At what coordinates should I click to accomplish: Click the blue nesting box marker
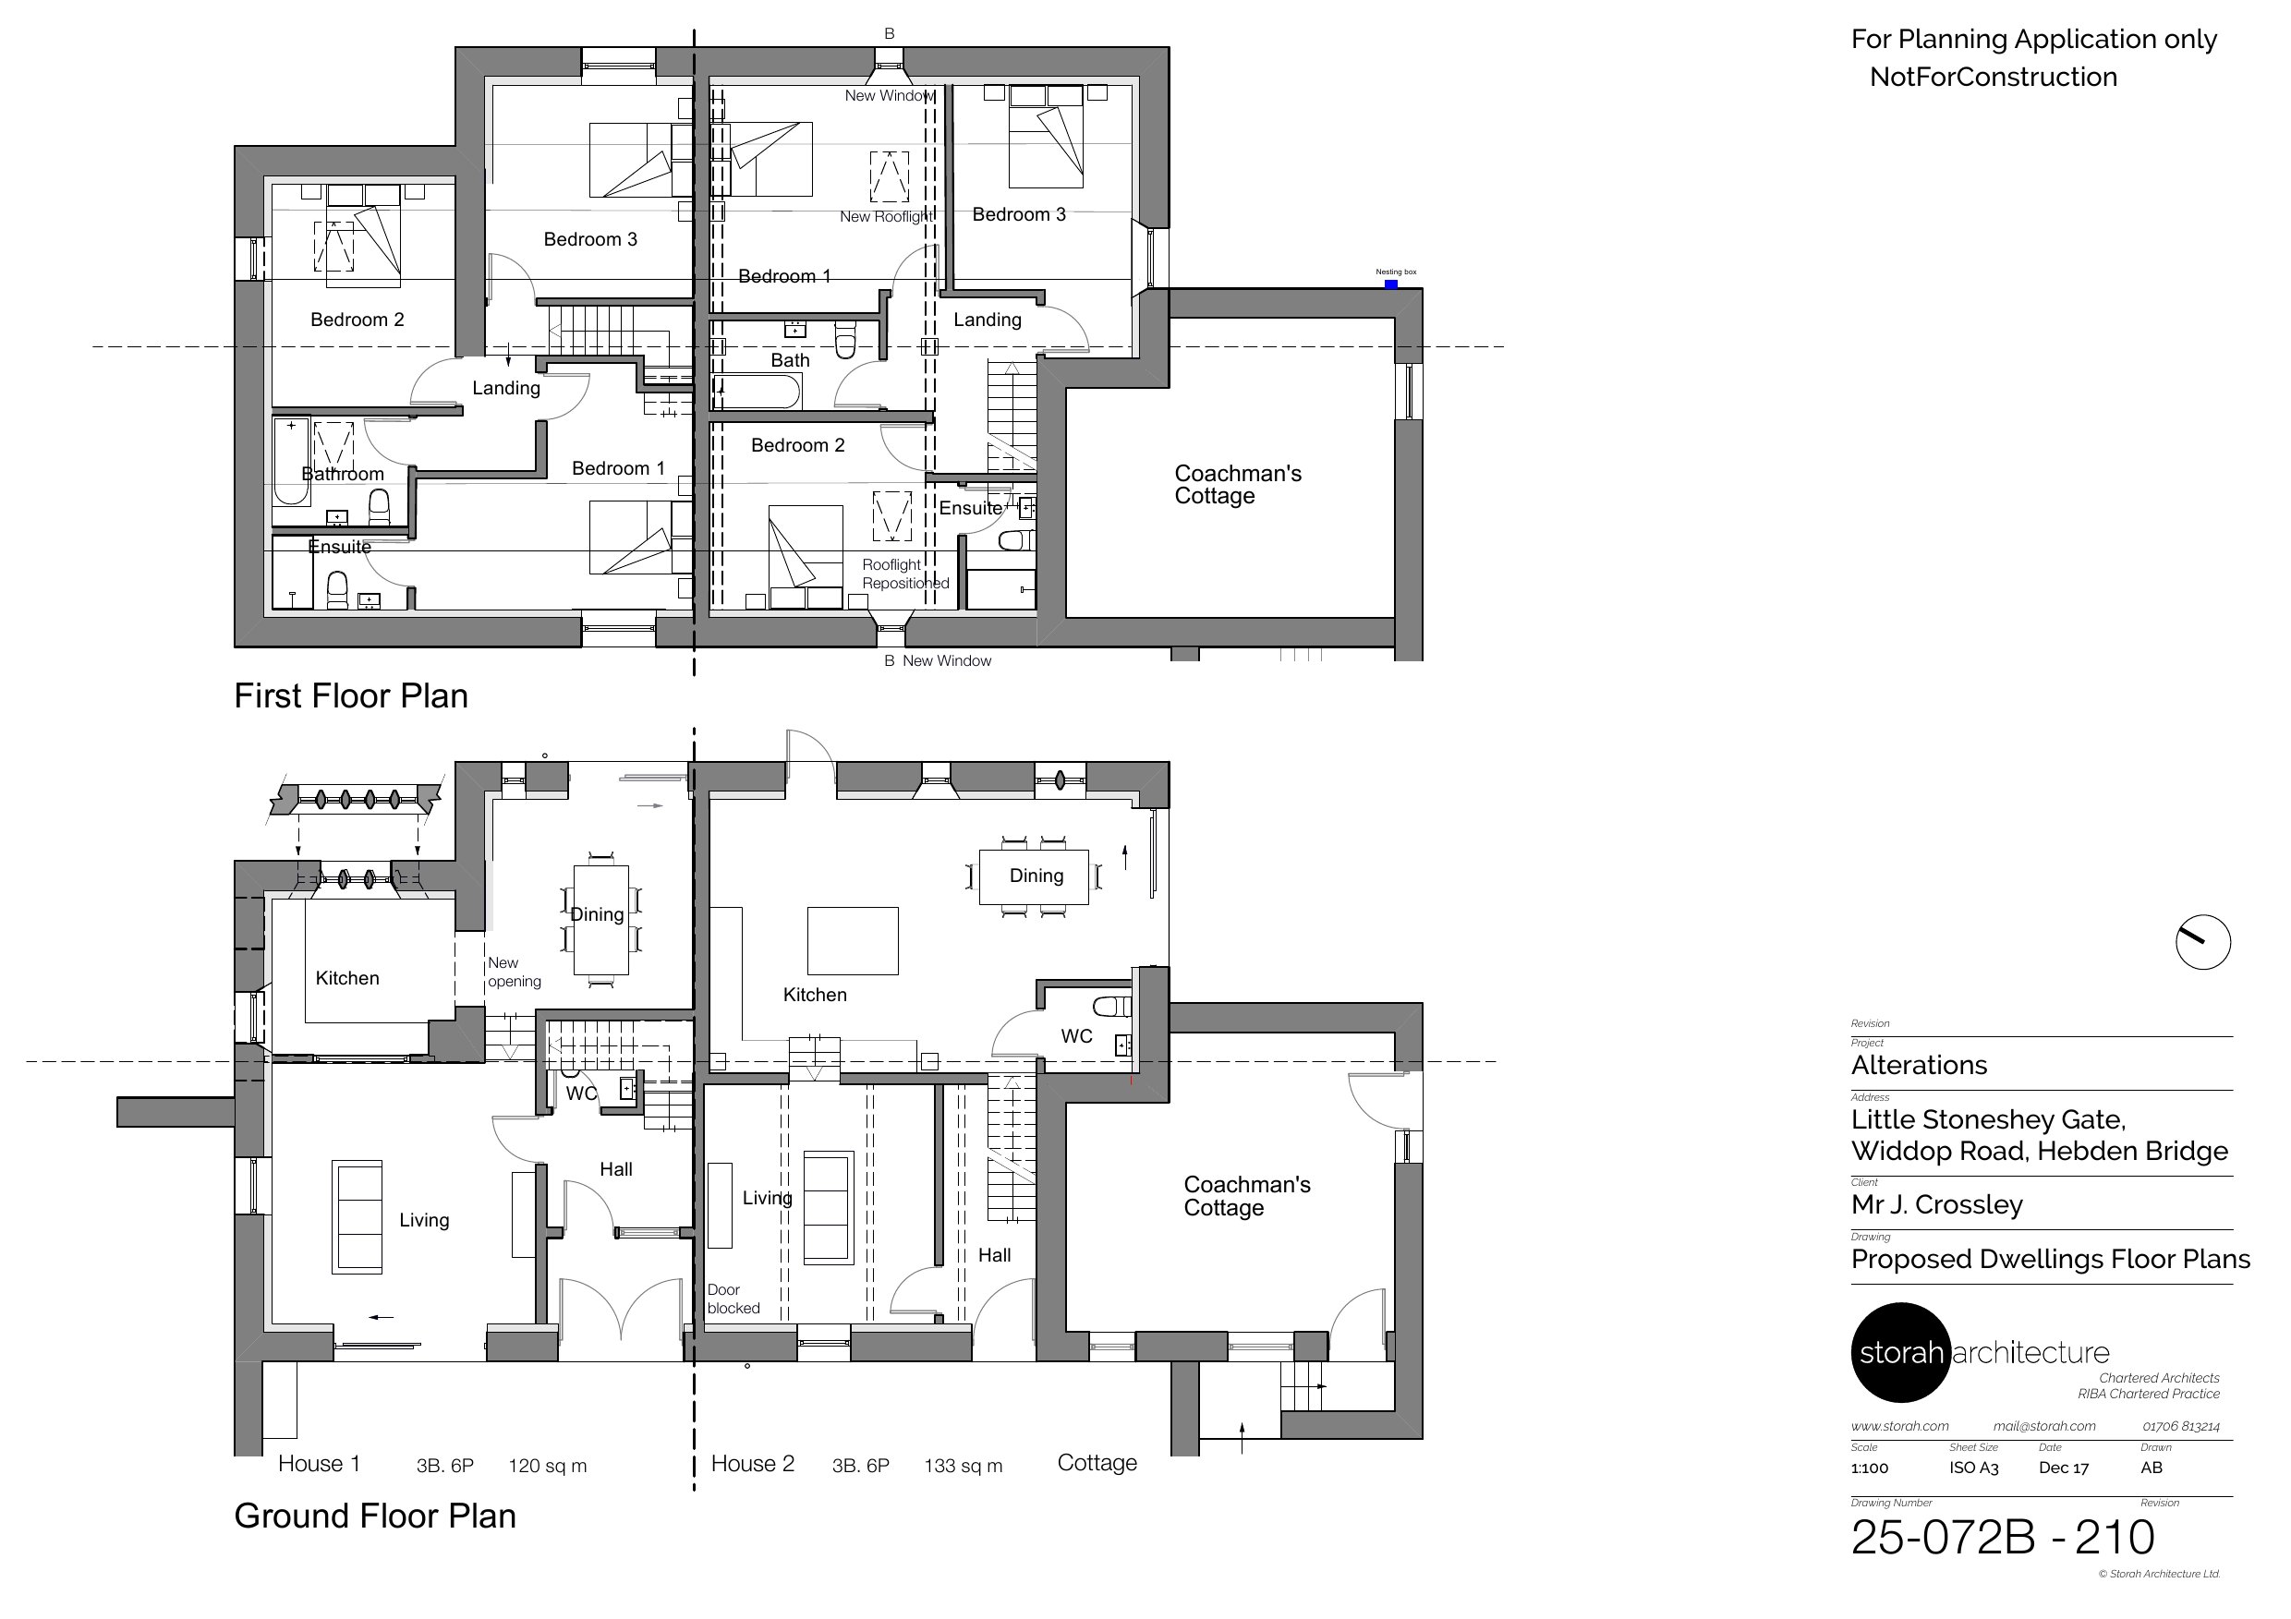tap(1391, 284)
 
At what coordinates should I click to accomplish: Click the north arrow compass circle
tap(2202, 942)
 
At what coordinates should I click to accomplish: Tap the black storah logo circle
tap(1900, 1352)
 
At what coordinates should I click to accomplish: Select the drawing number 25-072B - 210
tap(2002, 1537)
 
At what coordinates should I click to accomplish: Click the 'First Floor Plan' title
tap(350, 695)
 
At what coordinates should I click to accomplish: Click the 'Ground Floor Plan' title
tap(374, 1516)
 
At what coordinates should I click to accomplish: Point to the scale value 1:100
tap(1869, 1468)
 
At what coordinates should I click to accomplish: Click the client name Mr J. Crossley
tap(1935, 1204)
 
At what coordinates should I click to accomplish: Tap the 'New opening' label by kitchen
tap(514, 972)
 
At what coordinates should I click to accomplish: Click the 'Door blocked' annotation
tap(733, 1299)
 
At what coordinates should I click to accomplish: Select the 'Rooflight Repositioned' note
tap(904, 574)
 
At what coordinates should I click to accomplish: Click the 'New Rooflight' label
tap(886, 216)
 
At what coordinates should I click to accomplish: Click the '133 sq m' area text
tap(963, 1466)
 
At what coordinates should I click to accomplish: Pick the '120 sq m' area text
tap(547, 1466)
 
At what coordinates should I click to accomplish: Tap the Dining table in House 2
tap(1034, 876)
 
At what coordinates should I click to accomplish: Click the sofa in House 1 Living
tap(357, 1217)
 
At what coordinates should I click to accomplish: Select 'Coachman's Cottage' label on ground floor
tap(1245, 1196)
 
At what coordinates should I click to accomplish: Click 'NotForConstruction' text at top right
tap(1993, 77)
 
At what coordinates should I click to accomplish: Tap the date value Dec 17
tap(2064, 1468)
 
